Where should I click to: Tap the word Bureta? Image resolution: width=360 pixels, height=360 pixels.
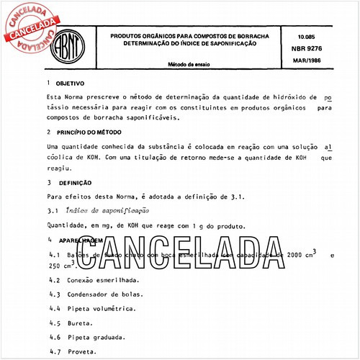[84, 323]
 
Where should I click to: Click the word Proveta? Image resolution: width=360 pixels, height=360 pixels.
[86, 351]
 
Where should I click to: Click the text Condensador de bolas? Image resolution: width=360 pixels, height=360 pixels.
[107, 294]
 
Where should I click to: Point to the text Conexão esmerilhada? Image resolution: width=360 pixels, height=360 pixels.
[104, 279]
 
